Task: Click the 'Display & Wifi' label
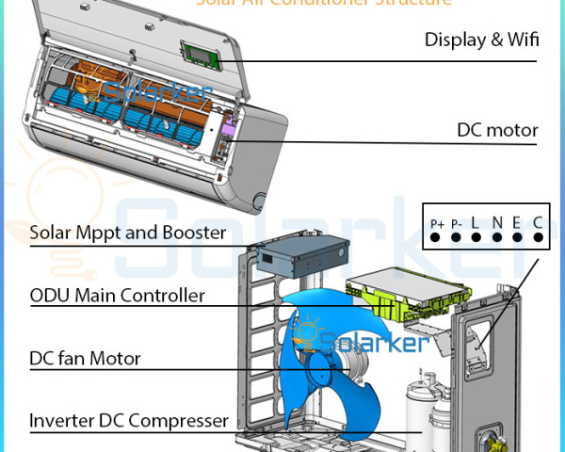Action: click(480, 40)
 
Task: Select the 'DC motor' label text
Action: click(497, 130)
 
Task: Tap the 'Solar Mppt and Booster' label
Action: click(128, 232)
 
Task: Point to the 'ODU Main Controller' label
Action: click(117, 296)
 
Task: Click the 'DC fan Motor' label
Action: click(85, 358)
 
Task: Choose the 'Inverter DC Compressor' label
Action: click(128, 420)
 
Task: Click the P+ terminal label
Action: click(437, 223)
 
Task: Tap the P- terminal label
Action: click(457, 223)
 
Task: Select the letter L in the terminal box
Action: click(476, 223)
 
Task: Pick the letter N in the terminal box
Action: click(497, 223)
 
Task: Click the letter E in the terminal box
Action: click(518, 223)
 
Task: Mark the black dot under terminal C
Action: click(539, 237)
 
